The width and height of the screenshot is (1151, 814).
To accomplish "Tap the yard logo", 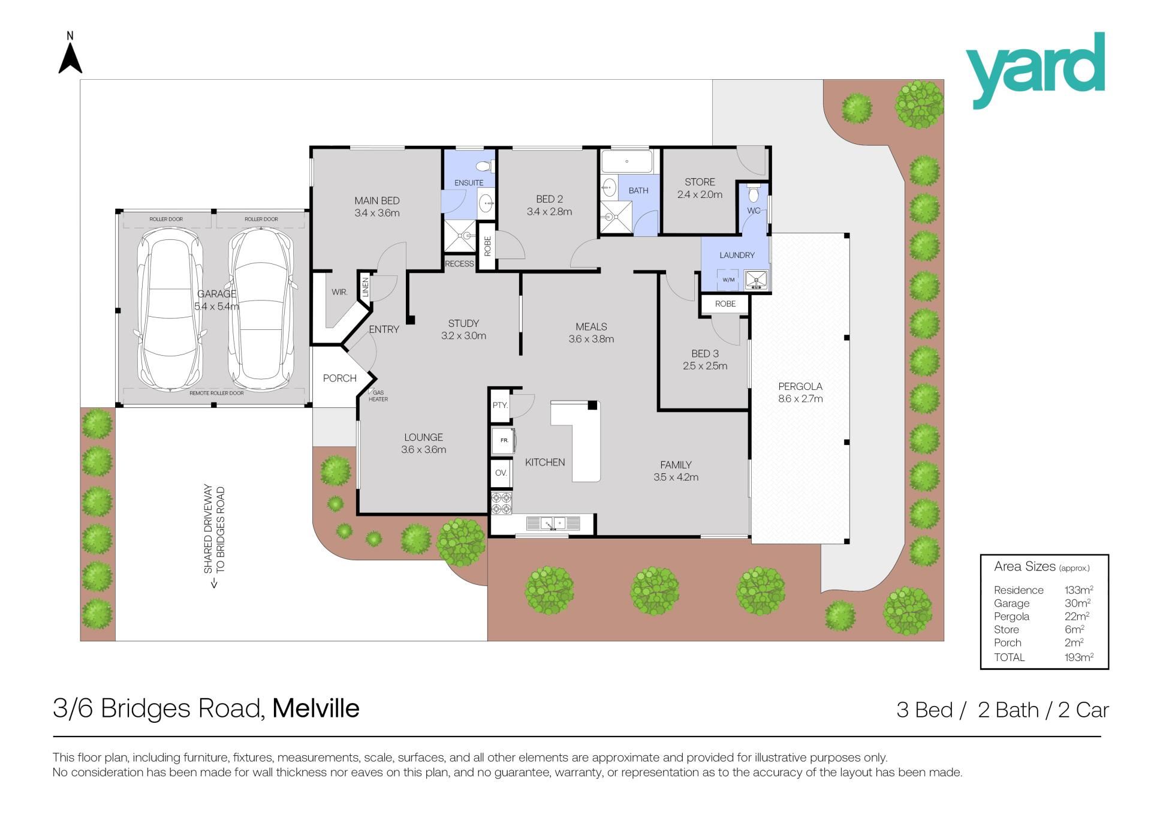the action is (x=1035, y=71).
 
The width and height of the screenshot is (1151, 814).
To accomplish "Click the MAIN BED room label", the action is (x=376, y=200).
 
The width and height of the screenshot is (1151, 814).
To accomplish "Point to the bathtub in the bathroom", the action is (x=626, y=161).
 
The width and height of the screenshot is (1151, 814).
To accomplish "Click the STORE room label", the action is (x=700, y=182).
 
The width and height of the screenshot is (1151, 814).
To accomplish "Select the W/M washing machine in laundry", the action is (x=729, y=280).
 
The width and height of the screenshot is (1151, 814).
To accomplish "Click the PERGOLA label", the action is (x=800, y=386).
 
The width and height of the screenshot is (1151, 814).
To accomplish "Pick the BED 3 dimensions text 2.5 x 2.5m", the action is (x=705, y=366).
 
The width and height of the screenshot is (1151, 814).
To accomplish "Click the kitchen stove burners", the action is (x=501, y=503).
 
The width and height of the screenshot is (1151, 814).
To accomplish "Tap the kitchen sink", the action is (x=553, y=524).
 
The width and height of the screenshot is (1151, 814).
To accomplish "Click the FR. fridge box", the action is (x=504, y=440).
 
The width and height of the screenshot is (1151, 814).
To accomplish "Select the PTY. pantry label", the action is (x=500, y=405).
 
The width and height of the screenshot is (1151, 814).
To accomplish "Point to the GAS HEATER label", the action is (x=378, y=396).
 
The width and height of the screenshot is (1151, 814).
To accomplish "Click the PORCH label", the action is (x=340, y=378).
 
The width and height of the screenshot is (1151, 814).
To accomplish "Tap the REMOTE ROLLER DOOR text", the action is (x=216, y=394).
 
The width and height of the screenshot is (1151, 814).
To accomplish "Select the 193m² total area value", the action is (x=1078, y=657).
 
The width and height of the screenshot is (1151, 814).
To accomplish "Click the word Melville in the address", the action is (x=316, y=708).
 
